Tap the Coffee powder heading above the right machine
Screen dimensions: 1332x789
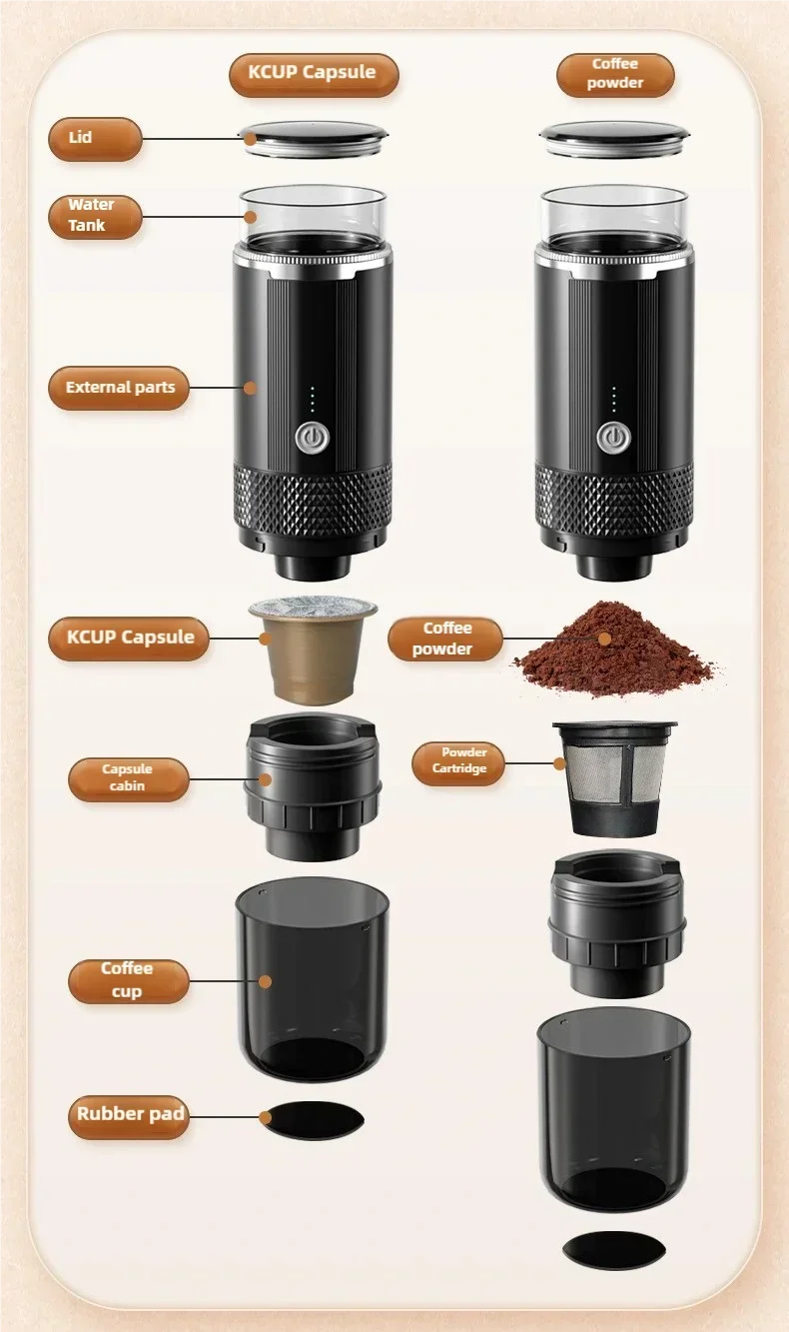(x=615, y=74)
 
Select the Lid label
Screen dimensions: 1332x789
(x=95, y=138)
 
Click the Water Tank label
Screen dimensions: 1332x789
(x=95, y=216)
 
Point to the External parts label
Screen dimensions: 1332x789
(x=119, y=388)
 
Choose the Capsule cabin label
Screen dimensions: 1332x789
(x=128, y=778)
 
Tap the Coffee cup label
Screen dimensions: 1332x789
(x=128, y=980)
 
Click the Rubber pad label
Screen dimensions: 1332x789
(x=129, y=1115)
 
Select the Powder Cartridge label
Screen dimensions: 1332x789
(x=458, y=761)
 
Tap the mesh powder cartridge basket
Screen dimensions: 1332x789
(x=612, y=777)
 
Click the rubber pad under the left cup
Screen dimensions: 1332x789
(x=313, y=1120)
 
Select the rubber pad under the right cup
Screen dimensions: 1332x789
(x=613, y=1249)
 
